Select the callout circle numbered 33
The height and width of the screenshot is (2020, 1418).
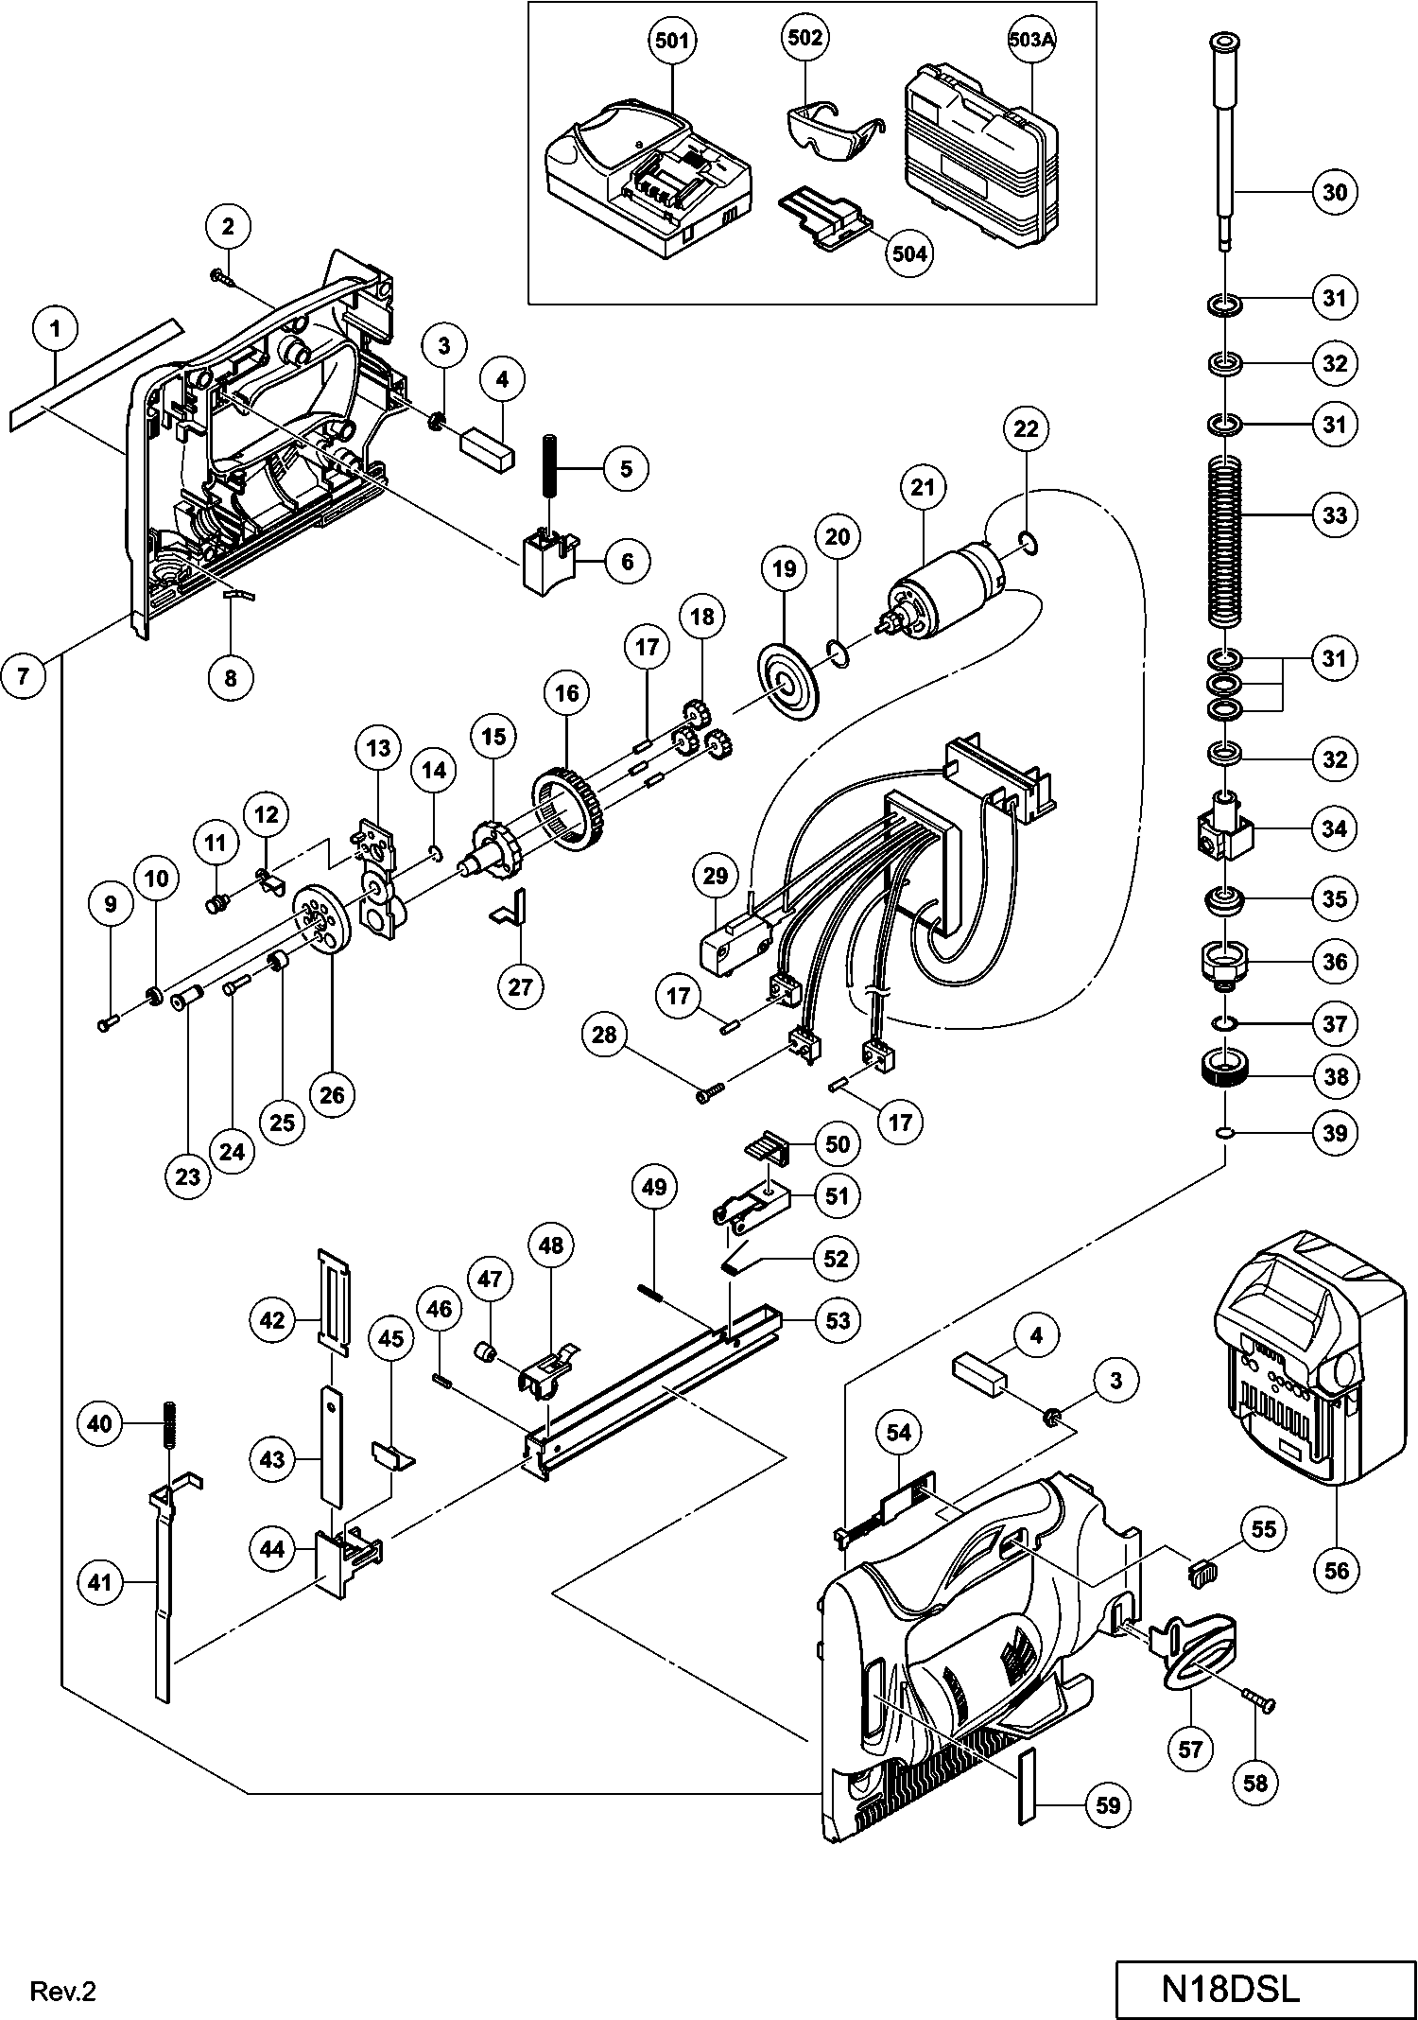[1334, 515]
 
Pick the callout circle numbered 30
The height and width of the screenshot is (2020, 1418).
[1334, 192]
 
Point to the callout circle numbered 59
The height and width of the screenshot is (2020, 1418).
[1107, 1805]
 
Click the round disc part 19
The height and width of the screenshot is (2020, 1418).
[786, 684]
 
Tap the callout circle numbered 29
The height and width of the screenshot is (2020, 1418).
[716, 876]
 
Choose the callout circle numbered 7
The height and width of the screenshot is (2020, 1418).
[24, 675]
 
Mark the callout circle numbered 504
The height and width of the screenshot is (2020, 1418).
[908, 253]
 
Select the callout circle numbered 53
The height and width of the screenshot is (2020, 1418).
[839, 1319]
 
